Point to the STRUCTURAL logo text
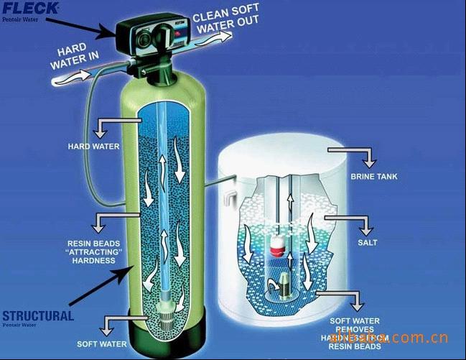tap(37, 315)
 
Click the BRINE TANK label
tap(373, 175)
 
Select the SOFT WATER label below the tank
tap(102, 344)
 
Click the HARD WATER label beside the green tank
tap(93, 147)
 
